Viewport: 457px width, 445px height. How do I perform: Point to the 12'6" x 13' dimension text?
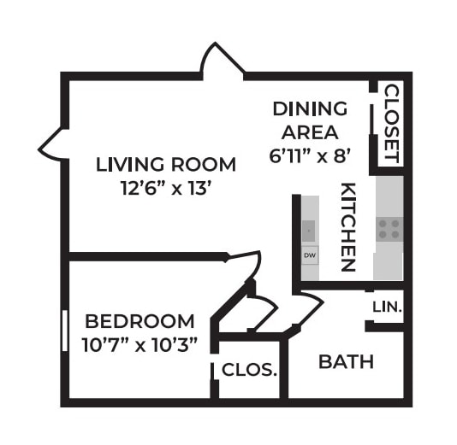click(165, 187)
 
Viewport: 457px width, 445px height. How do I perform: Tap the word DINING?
click(310, 109)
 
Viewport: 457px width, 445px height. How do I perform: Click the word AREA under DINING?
click(310, 133)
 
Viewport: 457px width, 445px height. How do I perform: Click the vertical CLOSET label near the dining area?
click(390, 124)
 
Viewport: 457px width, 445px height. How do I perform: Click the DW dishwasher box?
click(310, 255)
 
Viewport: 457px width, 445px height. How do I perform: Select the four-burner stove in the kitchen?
click(389, 227)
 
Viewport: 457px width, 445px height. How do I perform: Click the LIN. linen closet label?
click(388, 306)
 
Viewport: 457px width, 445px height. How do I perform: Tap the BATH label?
click(346, 361)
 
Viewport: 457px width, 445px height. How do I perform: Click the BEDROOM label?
click(139, 322)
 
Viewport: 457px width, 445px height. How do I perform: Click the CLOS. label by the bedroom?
click(250, 371)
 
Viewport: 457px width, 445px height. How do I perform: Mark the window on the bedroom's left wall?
click(64, 330)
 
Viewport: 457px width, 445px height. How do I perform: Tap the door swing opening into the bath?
click(306, 302)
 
